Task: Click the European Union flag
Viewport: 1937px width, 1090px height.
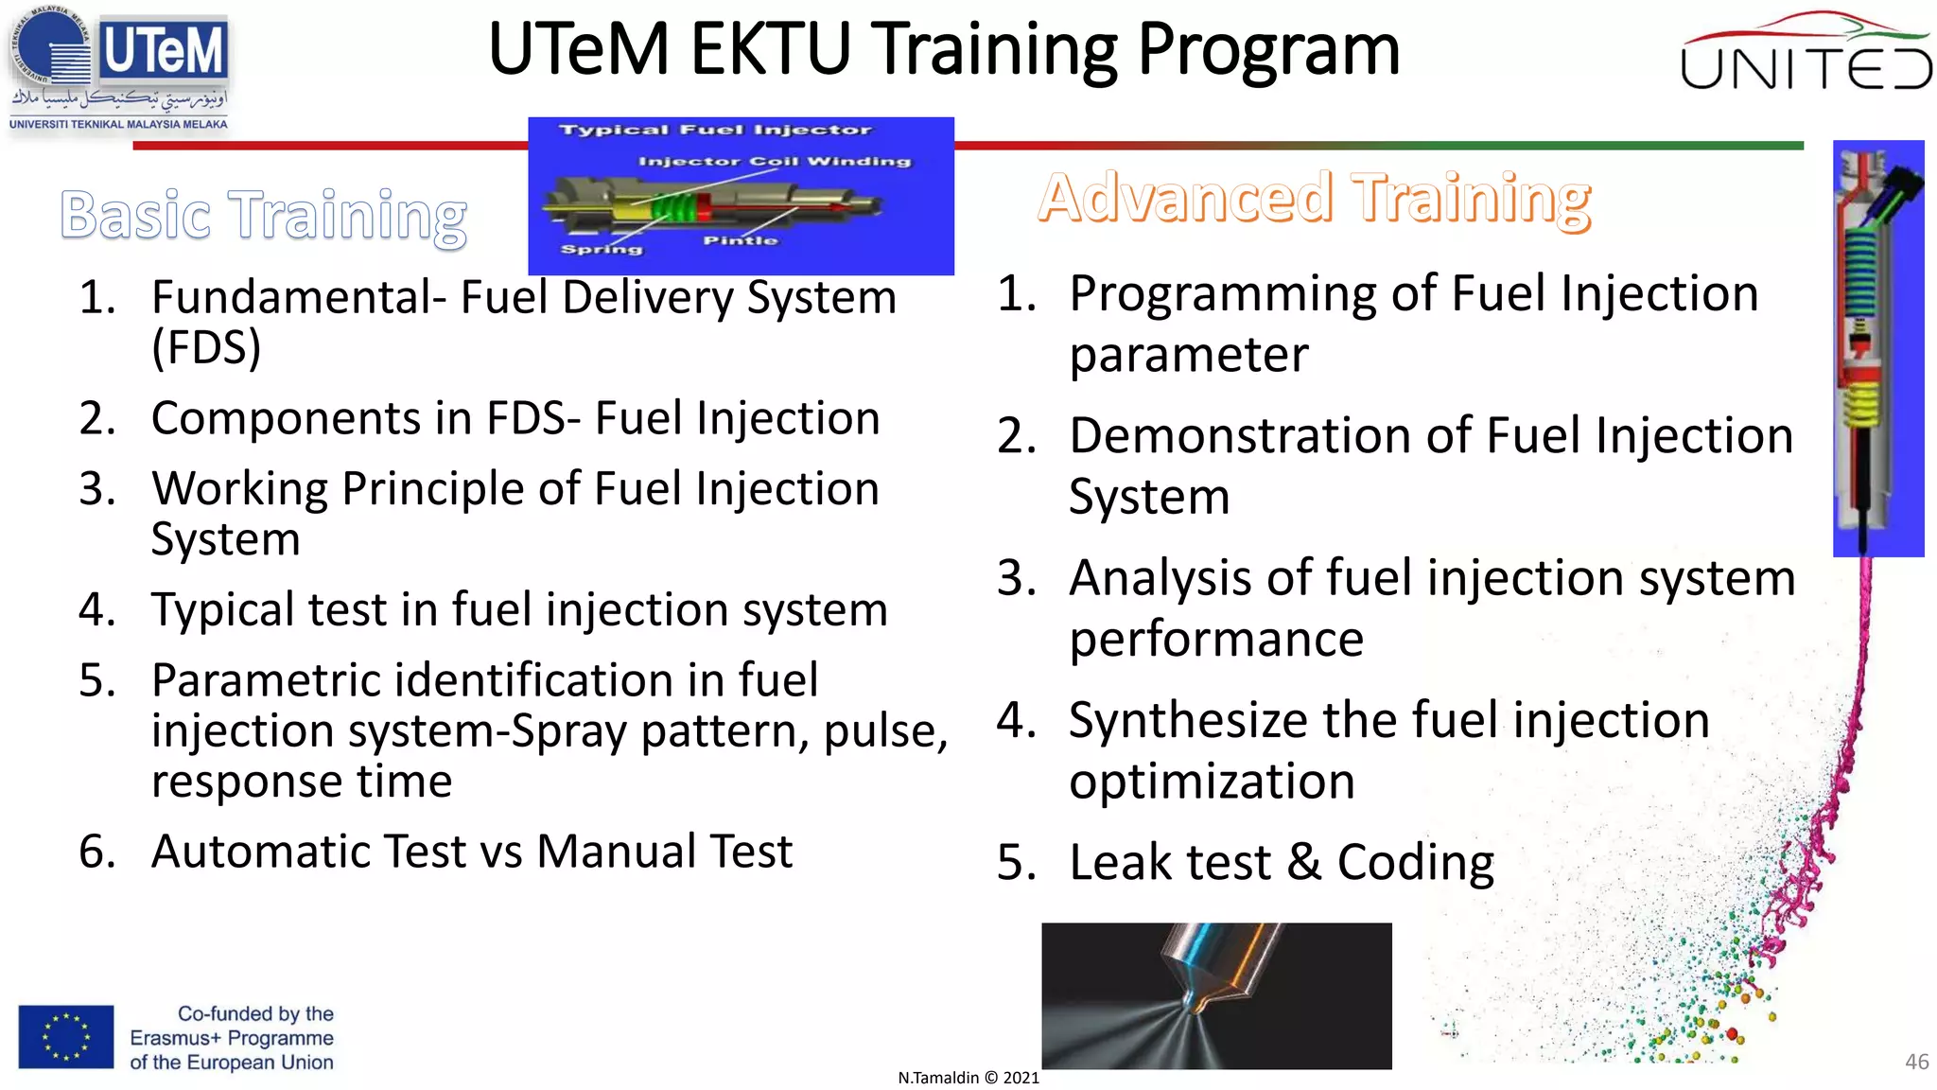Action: pyautogui.click(x=66, y=1036)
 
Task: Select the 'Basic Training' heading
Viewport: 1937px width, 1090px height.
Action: pyautogui.click(x=263, y=215)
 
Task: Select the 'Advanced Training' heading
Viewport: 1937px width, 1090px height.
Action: pyautogui.click(x=1315, y=199)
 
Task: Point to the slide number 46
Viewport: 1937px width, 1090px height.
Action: pyautogui.click(x=1916, y=1062)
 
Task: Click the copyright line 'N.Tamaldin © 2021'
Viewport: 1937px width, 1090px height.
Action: pyautogui.click(x=968, y=1078)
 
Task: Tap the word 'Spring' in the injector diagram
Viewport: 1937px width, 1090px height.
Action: pyautogui.click(x=602, y=250)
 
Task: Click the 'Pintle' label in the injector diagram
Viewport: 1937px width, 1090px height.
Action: pyautogui.click(x=740, y=241)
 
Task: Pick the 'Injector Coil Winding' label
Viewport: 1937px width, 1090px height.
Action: pyautogui.click(x=775, y=162)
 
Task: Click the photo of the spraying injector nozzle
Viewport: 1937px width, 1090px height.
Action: pyautogui.click(x=1216, y=995)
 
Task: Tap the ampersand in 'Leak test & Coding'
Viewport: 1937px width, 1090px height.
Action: pyautogui.click(x=1304, y=863)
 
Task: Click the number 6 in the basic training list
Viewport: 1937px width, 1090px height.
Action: pyautogui.click(x=96, y=852)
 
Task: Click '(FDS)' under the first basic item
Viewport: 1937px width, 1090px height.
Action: pyautogui.click(x=206, y=347)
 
